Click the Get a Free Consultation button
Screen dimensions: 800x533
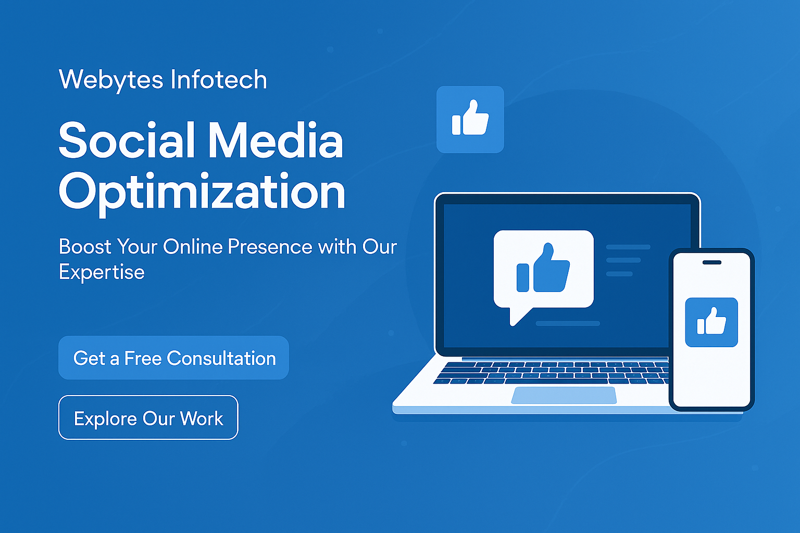(x=173, y=358)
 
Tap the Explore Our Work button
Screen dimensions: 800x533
(x=148, y=417)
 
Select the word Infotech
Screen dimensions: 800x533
(x=219, y=79)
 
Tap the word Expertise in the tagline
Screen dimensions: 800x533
(x=102, y=273)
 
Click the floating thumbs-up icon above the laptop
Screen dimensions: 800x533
(x=470, y=119)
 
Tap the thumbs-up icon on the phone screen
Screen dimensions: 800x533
(x=711, y=322)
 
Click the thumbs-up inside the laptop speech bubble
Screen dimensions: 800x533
(x=543, y=268)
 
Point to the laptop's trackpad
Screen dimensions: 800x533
(x=564, y=395)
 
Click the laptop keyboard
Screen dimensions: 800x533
(x=552, y=373)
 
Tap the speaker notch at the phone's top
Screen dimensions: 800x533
(x=712, y=262)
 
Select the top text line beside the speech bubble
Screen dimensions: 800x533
(x=628, y=247)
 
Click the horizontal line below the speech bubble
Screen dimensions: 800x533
(x=568, y=323)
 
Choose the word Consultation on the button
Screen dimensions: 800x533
(x=221, y=358)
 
